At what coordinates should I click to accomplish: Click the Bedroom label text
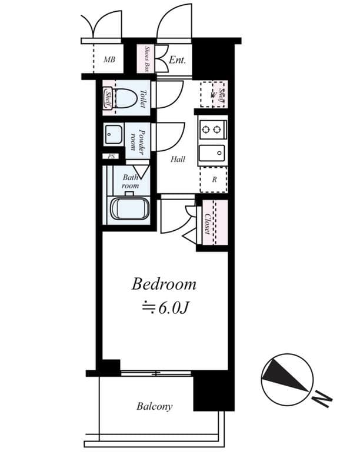[x=164, y=285]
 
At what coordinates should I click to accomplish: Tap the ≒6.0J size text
[x=164, y=308]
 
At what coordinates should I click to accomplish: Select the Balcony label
[x=154, y=406]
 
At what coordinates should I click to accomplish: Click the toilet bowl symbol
[x=125, y=98]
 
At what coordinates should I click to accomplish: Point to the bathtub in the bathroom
[x=130, y=209]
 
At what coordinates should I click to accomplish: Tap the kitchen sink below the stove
[x=212, y=153]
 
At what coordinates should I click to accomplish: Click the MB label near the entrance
[x=109, y=60]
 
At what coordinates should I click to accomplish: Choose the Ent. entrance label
[x=177, y=60]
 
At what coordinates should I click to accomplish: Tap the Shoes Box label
[x=145, y=59]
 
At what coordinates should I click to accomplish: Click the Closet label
[x=208, y=223]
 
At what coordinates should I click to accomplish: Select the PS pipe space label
[x=110, y=157]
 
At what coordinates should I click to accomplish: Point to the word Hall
[x=178, y=160]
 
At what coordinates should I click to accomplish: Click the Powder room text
[x=138, y=141]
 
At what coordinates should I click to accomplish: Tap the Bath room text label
[x=130, y=181]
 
